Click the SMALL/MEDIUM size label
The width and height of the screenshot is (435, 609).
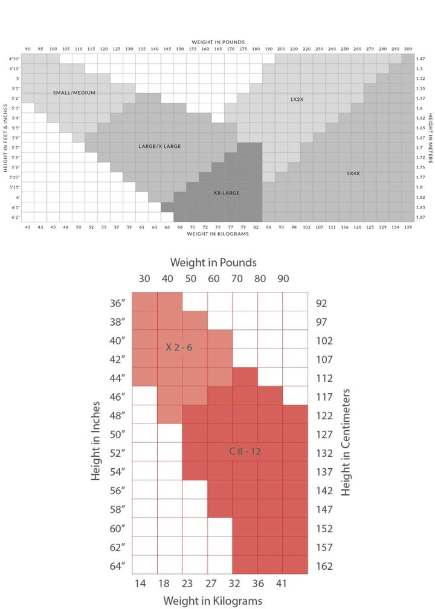(74, 92)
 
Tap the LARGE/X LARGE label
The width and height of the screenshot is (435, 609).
(159, 146)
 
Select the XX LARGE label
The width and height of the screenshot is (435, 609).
(227, 193)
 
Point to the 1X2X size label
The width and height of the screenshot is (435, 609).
(295, 98)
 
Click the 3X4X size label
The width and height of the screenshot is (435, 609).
(353, 173)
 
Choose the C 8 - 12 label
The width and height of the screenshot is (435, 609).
(245, 451)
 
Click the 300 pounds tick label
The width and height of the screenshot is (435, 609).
(408, 48)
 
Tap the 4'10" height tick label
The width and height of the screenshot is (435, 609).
(14, 59)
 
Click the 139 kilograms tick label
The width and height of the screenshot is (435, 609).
(408, 227)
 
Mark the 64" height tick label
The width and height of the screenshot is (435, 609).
(117, 567)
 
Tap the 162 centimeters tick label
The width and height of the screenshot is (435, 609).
(324, 567)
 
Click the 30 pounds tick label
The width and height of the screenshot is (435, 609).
(144, 279)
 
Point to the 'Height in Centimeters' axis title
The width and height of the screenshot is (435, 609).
(346, 442)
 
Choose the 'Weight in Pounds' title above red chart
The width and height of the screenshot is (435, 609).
(213, 262)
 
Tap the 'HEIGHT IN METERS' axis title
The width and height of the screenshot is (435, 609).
(430, 138)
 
